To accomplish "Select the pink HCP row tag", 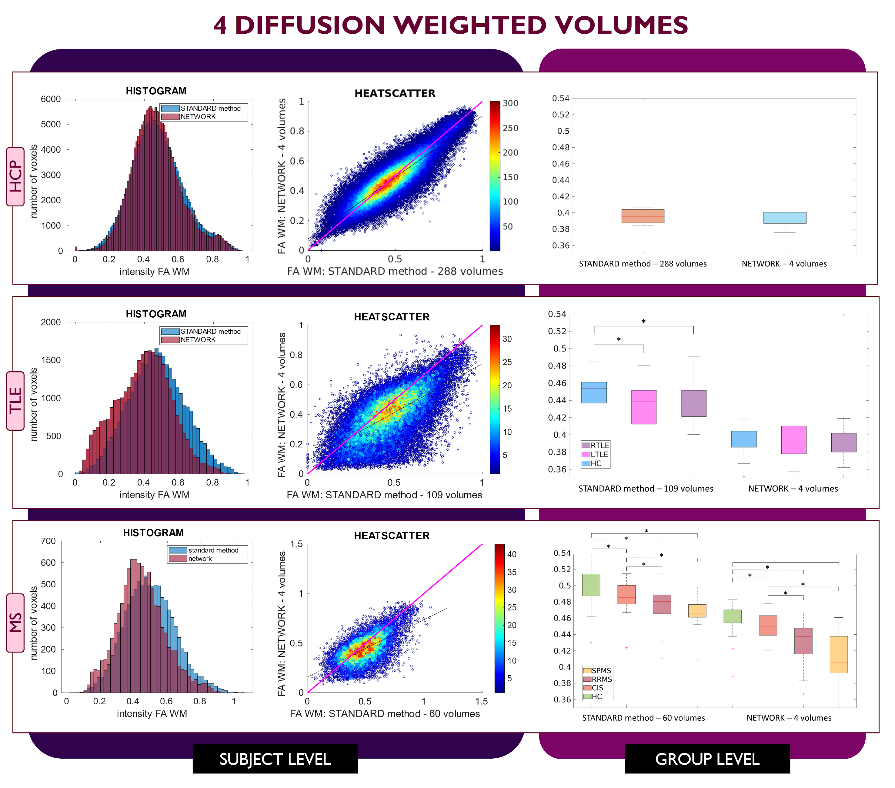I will tap(15, 176).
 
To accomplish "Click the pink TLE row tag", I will tap(15, 401).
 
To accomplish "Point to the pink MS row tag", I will tap(15, 623).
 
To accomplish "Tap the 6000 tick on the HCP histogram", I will tap(51, 99).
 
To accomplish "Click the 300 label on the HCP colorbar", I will tap(510, 103).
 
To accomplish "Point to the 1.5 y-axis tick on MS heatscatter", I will tap(296, 544).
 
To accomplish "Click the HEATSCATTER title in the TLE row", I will tap(392, 317).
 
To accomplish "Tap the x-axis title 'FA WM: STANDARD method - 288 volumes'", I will tap(395, 272).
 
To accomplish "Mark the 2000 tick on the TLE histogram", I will tap(51, 322).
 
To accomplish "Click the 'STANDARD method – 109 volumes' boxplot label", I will tap(646, 489).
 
